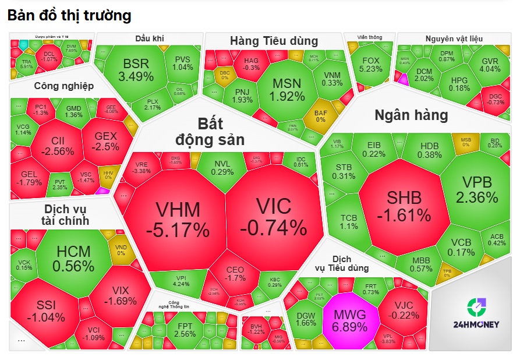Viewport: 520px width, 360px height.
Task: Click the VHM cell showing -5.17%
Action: pos(177,220)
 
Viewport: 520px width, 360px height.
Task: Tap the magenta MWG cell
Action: pos(349,320)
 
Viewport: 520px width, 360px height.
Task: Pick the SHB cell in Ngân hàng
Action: pos(404,206)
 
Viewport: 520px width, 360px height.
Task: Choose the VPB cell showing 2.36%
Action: pos(476,189)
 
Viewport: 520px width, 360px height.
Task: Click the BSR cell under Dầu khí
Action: pos(136,69)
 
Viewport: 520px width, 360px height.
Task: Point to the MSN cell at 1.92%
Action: pos(288,89)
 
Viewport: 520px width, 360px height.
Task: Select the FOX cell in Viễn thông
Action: pos(371,64)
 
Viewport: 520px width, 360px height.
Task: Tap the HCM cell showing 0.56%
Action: pos(73,258)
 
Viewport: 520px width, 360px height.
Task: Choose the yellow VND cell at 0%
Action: pos(121,249)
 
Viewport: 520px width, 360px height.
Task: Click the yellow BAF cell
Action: pos(320,115)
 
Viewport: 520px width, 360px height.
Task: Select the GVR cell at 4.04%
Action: pos(489,65)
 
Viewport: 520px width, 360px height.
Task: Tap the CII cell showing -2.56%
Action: pos(58,146)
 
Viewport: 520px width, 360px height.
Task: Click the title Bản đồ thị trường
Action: pos(69,16)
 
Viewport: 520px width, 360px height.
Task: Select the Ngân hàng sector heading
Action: pos(411,115)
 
